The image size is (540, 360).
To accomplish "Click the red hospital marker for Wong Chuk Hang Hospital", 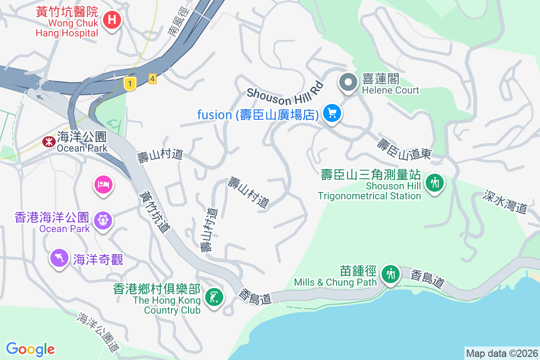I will [x=111, y=20].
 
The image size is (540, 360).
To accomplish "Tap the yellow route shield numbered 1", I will [x=130, y=83].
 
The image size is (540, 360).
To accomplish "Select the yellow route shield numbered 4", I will [x=153, y=79].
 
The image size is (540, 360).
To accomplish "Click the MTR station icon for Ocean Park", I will [x=47, y=142].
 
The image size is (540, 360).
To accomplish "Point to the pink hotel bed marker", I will [x=103, y=184].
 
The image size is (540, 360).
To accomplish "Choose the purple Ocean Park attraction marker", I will [x=103, y=220].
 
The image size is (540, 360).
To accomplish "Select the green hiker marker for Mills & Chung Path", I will [x=390, y=273].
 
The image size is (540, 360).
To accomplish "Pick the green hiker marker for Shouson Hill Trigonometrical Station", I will [x=435, y=183].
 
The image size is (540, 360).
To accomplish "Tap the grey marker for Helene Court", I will [x=348, y=82].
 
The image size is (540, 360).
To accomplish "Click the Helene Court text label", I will [x=391, y=90].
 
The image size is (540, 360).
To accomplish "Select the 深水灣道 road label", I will [x=505, y=201].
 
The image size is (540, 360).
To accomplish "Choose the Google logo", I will [x=31, y=349].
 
